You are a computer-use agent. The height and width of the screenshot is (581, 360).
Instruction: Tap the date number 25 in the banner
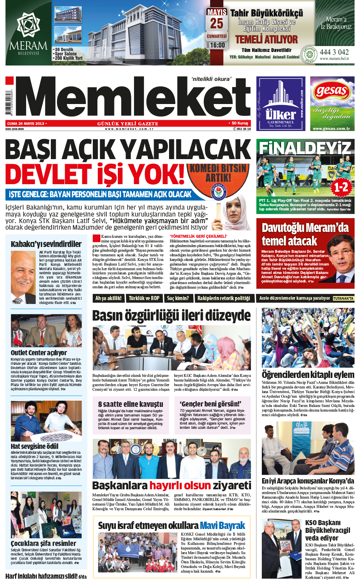(x=216, y=24)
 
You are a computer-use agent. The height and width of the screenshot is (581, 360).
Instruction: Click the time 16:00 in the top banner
(x=217, y=45)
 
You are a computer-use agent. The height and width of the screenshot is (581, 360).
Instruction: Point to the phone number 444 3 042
(x=334, y=52)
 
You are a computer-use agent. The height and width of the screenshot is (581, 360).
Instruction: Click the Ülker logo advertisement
(x=281, y=104)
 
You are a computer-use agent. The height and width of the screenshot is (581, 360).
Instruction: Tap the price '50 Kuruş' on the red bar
(x=239, y=123)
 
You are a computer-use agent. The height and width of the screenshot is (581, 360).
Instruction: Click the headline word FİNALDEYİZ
(x=305, y=148)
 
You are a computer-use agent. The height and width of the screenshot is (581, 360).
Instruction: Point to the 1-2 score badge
(x=341, y=187)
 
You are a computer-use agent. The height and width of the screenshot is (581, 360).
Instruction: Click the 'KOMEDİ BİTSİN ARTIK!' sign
(x=218, y=173)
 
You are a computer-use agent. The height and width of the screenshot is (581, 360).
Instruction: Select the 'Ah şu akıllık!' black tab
(x=108, y=298)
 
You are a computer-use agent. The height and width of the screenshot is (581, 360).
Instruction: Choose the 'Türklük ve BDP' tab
(x=144, y=298)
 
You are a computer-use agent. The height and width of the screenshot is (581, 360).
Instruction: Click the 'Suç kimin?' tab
(x=178, y=298)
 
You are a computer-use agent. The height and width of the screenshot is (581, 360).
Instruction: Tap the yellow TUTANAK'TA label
(x=343, y=298)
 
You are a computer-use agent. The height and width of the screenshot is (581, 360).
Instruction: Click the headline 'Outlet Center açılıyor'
(x=39, y=353)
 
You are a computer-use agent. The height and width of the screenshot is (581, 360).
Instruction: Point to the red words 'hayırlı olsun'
(x=180, y=485)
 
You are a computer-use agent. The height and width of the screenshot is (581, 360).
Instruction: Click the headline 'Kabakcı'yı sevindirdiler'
(x=46, y=244)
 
